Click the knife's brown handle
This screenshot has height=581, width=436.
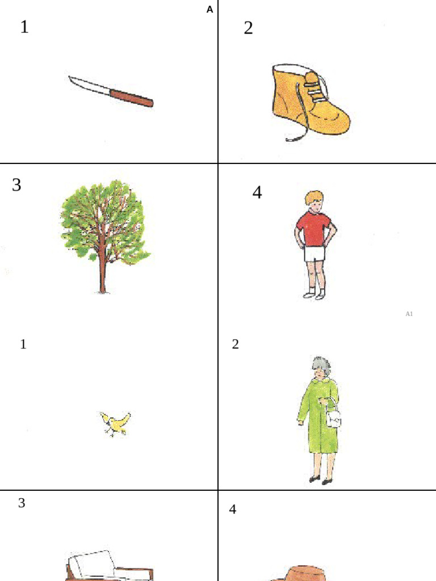[132, 98]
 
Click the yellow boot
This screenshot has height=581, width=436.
[310, 99]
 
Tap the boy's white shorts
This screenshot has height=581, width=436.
[315, 254]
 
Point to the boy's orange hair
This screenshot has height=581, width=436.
[313, 197]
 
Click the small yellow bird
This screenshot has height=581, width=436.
[116, 423]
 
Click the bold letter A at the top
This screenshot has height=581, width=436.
[210, 10]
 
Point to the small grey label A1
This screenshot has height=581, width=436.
[409, 314]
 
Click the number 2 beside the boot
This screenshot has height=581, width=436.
[249, 28]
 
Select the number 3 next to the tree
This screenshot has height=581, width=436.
[16, 184]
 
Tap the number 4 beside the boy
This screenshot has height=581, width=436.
[257, 192]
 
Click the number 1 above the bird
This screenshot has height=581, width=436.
[23, 344]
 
